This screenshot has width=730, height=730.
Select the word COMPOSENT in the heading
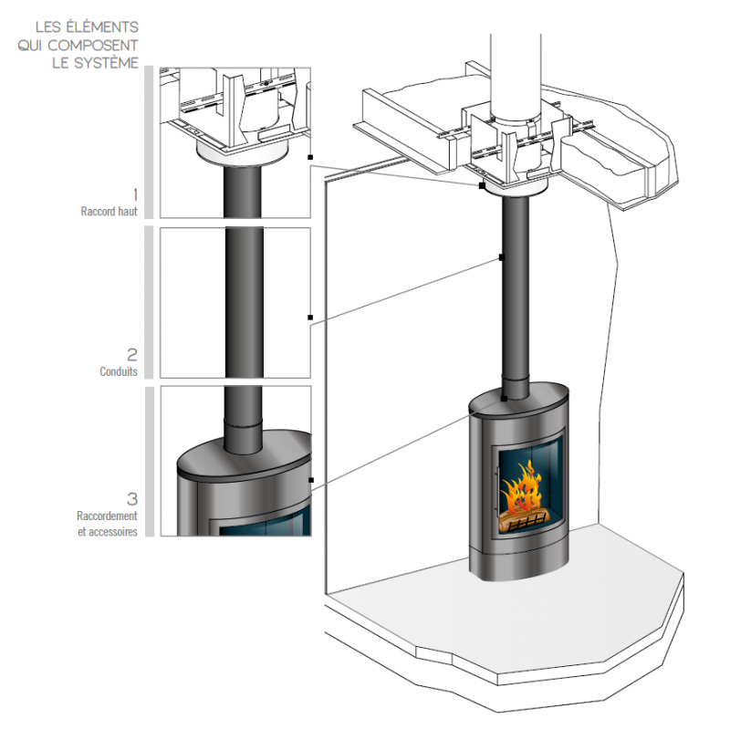click(x=93, y=45)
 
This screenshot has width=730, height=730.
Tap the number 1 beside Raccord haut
click(x=135, y=194)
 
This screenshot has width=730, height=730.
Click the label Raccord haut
click(x=109, y=212)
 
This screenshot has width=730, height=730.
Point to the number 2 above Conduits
click(x=132, y=355)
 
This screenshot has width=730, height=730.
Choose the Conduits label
click(x=119, y=371)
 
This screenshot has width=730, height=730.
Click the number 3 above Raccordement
click(x=132, y=499)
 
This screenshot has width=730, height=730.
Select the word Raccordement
click(x=107, y=516)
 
